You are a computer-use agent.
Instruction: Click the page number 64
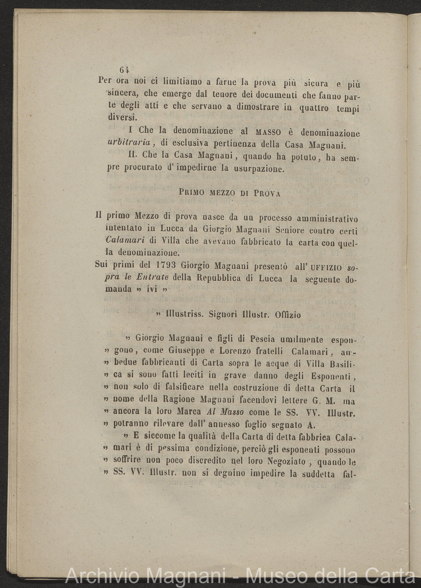click(124, 70)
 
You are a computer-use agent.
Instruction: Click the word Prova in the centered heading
click(267, 194)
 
